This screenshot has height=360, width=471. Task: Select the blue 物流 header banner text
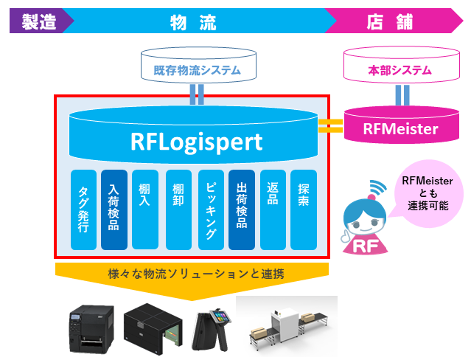coord(193,21)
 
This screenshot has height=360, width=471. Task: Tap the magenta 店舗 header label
coord(389,21)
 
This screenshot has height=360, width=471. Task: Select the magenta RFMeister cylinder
coord(400,128)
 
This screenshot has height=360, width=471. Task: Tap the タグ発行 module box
coord(84,210)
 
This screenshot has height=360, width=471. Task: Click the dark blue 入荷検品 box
coord(114,210)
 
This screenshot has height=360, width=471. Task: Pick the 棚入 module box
coord(144,210)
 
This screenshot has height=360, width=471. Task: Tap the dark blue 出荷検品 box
coord(243,210)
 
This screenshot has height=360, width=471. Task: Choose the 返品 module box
coord(273,210)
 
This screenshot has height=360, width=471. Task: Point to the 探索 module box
coord(304,210)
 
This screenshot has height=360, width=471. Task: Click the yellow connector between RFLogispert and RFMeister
coord(332,126)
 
